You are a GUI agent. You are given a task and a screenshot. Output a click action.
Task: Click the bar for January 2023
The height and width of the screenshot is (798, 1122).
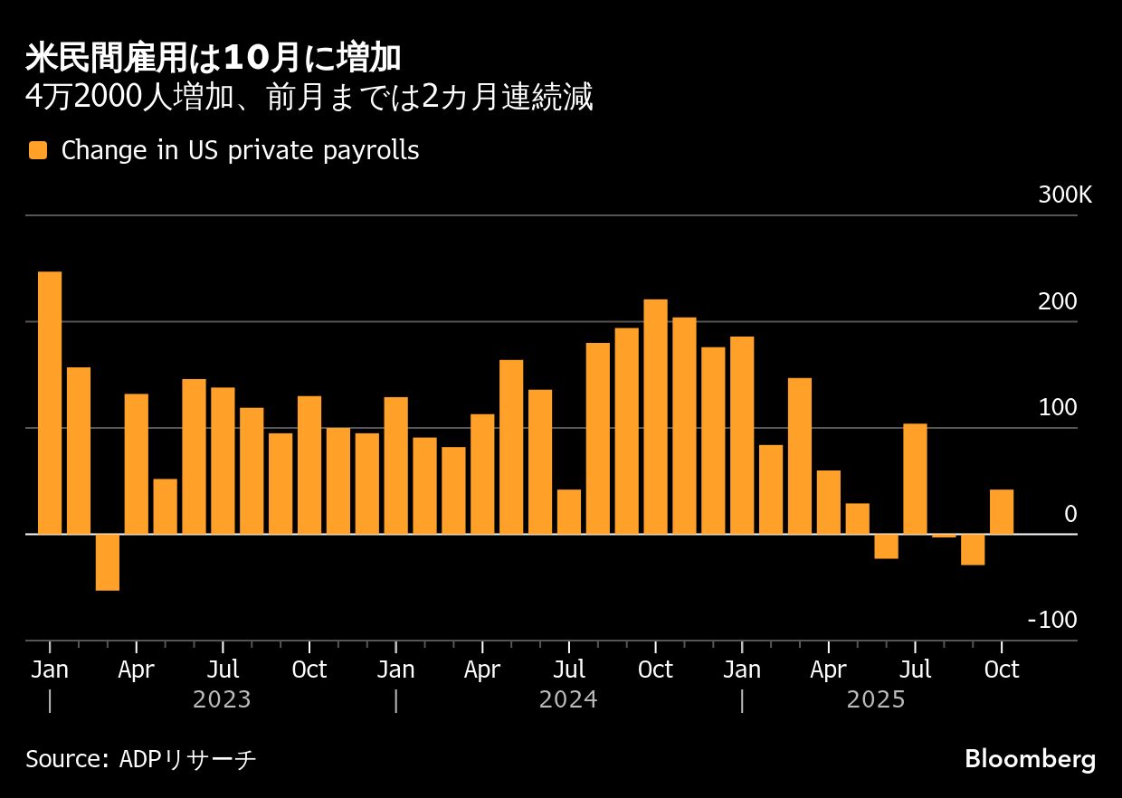(x=50, y=403)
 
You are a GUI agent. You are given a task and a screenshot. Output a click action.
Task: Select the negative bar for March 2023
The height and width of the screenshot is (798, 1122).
(x=108, y=562)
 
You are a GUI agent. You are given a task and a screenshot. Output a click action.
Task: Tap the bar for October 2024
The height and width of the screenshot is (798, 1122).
(x=655, y=416)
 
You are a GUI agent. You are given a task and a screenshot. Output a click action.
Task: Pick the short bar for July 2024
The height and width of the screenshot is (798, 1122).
(x=569, y=511)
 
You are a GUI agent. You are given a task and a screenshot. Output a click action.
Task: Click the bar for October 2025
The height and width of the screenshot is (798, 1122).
(x=1002, y=511)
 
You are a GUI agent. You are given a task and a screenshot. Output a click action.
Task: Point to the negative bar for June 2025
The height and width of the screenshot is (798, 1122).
(x=886, y=546)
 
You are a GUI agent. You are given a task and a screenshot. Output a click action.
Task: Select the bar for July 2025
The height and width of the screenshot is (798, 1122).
(x=915, y=479)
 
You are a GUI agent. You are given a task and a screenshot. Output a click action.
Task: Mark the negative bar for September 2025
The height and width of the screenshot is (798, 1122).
(x=973, y=549)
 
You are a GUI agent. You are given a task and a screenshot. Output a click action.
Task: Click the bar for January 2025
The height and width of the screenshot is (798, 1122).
(x=742, y=435)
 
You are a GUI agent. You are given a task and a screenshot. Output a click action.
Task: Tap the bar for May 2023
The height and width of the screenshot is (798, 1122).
(x=165, y=507)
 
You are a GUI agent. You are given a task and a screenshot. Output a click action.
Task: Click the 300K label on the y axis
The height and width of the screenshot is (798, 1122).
(x=1065, y=195)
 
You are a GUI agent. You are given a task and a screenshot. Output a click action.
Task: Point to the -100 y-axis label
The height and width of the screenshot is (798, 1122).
(x=1056, y=621)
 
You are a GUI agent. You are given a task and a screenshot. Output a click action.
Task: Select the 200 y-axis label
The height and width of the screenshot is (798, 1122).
(x=1058, y=302)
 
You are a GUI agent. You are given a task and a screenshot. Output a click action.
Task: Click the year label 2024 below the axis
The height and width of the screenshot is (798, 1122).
(x=568, y=700)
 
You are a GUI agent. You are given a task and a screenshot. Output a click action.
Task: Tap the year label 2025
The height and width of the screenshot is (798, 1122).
(x=875, y=700)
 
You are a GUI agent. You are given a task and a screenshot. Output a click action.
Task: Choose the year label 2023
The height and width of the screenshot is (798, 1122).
(x=222, y=700)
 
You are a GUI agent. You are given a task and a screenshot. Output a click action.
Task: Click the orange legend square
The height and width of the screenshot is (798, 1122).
(x=37, y=151)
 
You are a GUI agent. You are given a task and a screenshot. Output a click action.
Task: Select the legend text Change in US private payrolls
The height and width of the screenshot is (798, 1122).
(x=240, y=151)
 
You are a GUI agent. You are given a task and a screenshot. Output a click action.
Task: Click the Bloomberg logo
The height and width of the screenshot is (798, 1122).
(x=1030, y=758)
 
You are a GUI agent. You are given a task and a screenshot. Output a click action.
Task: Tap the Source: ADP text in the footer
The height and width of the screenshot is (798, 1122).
(x=140, y=758)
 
